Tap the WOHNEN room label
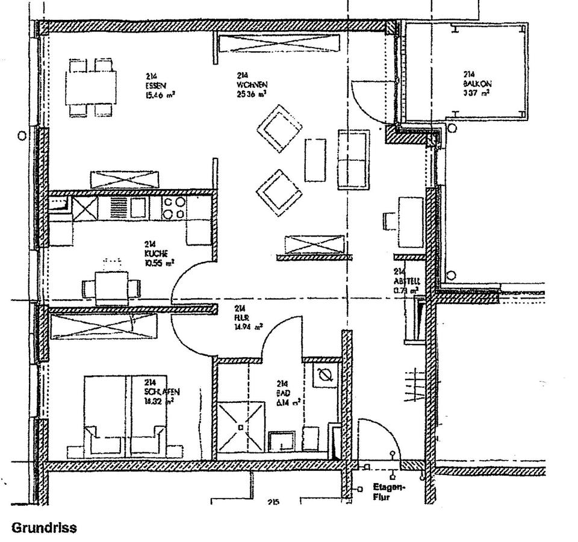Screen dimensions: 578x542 (252, 85)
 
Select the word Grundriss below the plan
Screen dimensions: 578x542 (44, 528)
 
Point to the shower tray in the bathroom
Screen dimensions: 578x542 (241, 427)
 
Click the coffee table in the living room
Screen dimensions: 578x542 (315, 160)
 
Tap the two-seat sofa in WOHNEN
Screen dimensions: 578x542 (353, 159)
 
